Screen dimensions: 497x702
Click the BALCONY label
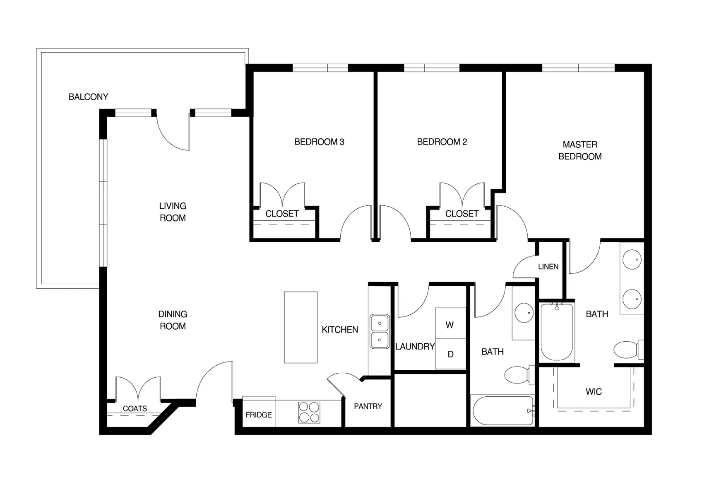coord(88,97)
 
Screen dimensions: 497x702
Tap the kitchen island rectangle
coord(301,327)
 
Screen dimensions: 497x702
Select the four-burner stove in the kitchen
coord(309,413)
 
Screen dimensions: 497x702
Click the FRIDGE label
coord(259,415)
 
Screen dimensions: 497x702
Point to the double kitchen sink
coord(379,331)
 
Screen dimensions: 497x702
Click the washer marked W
coord(450,325)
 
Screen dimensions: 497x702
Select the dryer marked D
coord(450,354)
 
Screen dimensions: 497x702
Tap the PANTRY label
coord(368,406)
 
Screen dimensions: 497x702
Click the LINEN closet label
coord(548,267)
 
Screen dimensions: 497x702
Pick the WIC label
coord(594,392)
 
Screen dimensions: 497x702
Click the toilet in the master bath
coord(627,350)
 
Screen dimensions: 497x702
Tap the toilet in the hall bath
coord(518,375)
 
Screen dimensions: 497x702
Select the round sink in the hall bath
coord(524,313)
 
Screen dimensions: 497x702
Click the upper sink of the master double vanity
coord(632,260)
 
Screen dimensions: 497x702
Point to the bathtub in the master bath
coord(557,331)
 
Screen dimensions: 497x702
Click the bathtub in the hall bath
coord(503,411)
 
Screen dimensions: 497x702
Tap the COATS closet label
coord(135,409)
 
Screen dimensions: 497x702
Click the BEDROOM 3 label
coord(319,142)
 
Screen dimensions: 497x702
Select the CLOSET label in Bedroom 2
coord(462,214)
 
